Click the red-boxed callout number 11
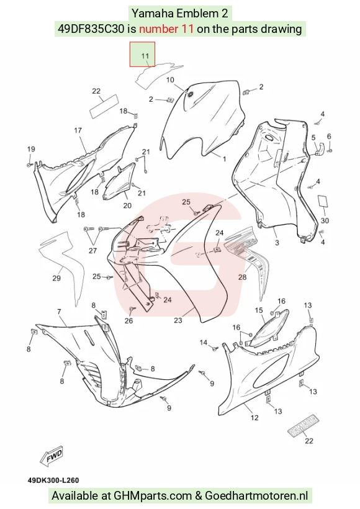pos(145,56)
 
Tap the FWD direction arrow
pos(52,457)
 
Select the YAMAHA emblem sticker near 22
pos(304,425)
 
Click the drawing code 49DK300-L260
pos(53,480)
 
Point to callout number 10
pos(170,80)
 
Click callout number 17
pos(78,130)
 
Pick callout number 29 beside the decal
pos(56,278)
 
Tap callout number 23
pos(178,320)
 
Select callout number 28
pos(243,277)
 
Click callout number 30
pos(325,220)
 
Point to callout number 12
pos(254,418)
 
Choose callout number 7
pos(59,312)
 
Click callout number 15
pos(259,310)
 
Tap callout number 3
pos(277,242)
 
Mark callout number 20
pos(127,205)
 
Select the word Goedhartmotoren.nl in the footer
pos(256,495)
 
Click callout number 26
pos(129,320)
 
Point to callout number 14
pos(204,342)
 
